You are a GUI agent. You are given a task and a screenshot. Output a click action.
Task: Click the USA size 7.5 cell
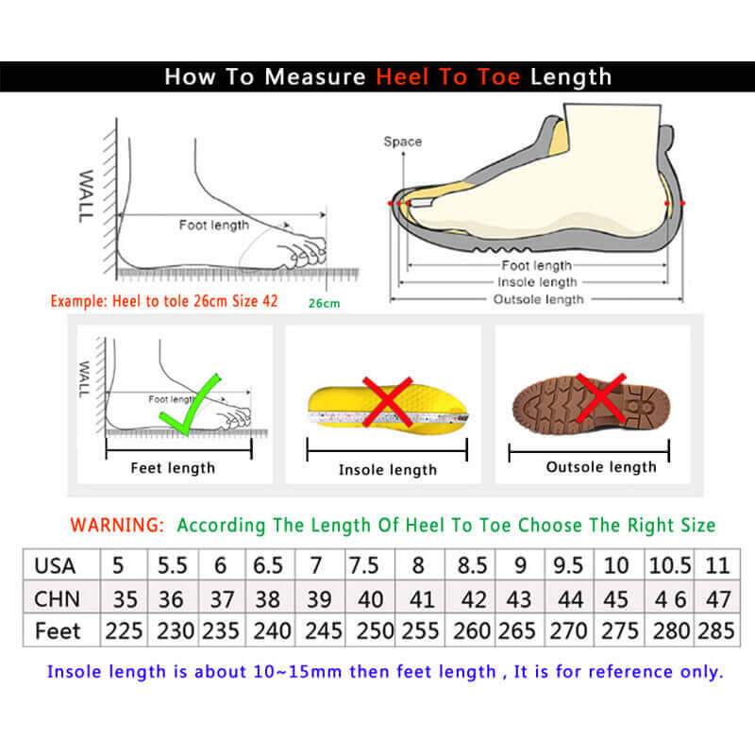click(364, 566)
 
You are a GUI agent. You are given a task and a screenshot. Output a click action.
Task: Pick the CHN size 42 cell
click(472, 598)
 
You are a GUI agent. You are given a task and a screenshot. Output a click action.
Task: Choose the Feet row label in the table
click(58, 629)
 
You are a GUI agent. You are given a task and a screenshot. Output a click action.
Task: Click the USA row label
click(55, 566)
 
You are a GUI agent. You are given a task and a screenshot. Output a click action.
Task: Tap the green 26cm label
click(323, 303)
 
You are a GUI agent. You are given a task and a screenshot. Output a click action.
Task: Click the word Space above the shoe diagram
click(402, 142)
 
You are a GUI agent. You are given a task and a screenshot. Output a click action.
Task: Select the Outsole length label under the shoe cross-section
click(539, 299)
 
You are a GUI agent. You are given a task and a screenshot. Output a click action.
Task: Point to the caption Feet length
click(173, 468)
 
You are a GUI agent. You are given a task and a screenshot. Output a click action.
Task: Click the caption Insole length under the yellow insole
click(388, 470)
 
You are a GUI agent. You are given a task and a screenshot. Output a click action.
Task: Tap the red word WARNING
click(118, 525)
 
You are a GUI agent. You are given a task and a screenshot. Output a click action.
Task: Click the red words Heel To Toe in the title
click(448, 76)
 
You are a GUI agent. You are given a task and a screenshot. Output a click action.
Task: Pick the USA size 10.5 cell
click(670, 566)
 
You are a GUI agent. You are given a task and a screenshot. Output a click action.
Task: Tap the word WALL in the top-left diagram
click(86, 196)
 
